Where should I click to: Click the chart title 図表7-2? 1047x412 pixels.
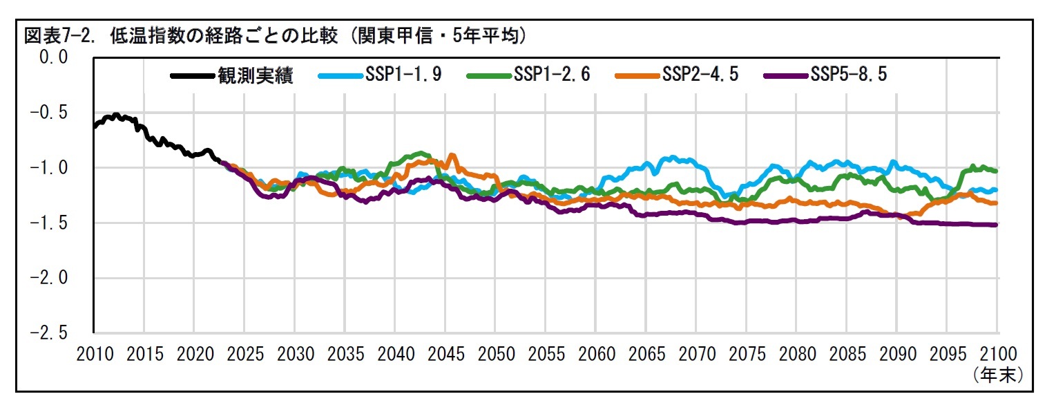point(276,36)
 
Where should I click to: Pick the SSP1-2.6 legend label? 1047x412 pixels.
point(552,75)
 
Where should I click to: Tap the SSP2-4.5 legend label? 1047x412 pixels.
point(700,75)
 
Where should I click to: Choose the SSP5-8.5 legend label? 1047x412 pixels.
point(848,75)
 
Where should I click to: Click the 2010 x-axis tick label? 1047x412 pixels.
point(94,355)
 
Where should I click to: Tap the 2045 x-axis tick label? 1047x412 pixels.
point(445,355)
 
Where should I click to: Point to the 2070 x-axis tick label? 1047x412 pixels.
point(697,355)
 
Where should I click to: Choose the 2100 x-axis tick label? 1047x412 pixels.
point(998,355)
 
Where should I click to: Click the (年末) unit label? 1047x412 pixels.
point(997,375)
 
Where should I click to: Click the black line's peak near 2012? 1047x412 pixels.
point(116,115)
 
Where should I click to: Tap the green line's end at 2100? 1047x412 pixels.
point(997,170)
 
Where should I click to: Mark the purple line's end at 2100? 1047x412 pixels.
point(997,225)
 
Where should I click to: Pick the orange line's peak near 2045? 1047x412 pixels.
point(452,156)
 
